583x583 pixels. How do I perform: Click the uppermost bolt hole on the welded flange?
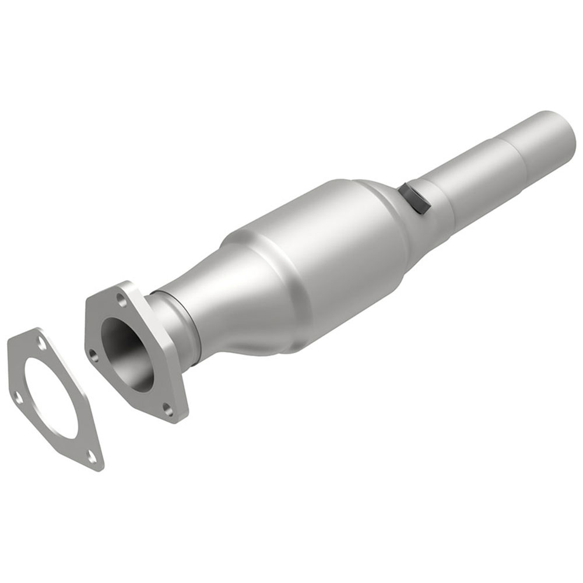[x=121, y=300]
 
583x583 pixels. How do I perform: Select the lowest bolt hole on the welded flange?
[x=169, y=408]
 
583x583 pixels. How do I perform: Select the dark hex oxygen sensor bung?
[x=415, y=198]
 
